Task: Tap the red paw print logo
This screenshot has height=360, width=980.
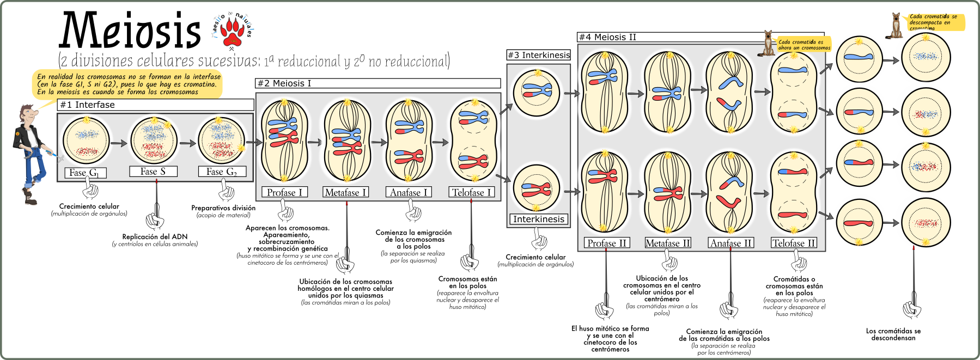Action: [x=233, y=32]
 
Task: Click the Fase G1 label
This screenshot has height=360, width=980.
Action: [x=84, y=173]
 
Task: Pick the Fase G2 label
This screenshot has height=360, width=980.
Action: [x=222, y=172]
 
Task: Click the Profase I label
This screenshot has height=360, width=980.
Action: [x=284, y=192]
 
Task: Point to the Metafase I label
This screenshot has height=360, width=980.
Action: [x=346, y=192]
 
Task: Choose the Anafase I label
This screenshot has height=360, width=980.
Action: [x=409, y=192]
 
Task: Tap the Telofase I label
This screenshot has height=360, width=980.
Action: [x=472, y=192]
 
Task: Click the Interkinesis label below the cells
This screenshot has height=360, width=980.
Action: [x=539, y=219]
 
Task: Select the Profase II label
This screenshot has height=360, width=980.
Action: [x=607, y=243]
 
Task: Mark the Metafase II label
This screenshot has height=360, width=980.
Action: [x=668, y=243]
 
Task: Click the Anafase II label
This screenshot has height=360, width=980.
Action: [x=731, y=243]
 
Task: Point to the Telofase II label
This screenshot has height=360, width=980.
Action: [x=794, y=243]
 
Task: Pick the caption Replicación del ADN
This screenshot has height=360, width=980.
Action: [x=155, y=236]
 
